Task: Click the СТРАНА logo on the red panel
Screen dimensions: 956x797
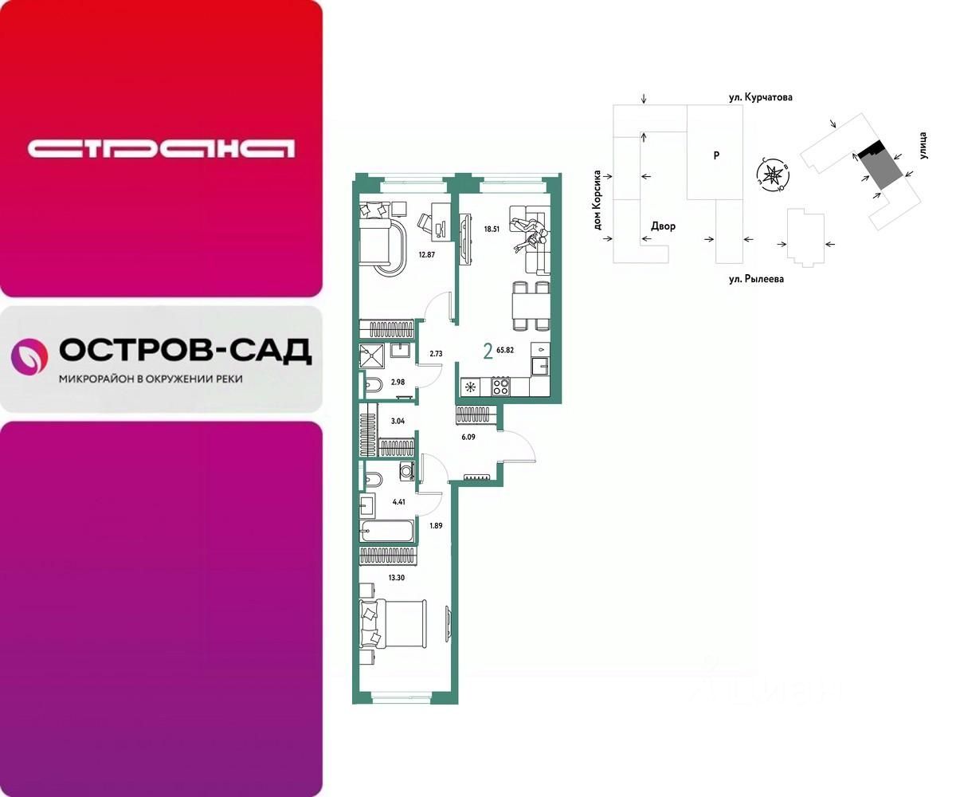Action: point(161,148)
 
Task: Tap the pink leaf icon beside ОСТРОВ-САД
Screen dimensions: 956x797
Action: point(29,355)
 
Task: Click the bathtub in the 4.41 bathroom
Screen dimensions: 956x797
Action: point(388,531)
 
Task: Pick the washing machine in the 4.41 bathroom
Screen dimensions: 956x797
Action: point(406,472)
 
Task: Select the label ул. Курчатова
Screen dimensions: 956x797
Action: point(760,97)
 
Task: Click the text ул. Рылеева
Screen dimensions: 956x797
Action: point(753,279)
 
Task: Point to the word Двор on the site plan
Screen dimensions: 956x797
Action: point(662,226)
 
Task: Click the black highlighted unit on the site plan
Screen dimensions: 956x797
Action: point(873,149)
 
